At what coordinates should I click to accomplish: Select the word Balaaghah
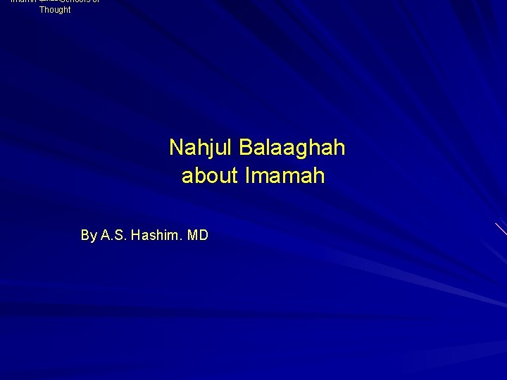click(292, 148)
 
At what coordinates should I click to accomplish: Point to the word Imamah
click(285, 175)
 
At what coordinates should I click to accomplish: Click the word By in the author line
click(89, 235)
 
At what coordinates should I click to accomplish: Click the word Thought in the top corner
click(55, 10)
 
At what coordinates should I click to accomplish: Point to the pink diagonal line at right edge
click(501, 229)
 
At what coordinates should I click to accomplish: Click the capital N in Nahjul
click(176, 148)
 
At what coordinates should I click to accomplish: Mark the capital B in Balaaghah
click(246, 148)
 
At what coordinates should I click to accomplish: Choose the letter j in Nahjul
click(214, 149)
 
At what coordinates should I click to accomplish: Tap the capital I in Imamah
click(247, 175)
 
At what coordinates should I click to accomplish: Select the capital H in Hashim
click(136, 235)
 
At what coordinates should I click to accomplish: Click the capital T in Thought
click(42, 10)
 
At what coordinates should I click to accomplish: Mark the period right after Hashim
click(180, 239)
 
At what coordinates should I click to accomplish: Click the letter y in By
click(93, 236)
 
